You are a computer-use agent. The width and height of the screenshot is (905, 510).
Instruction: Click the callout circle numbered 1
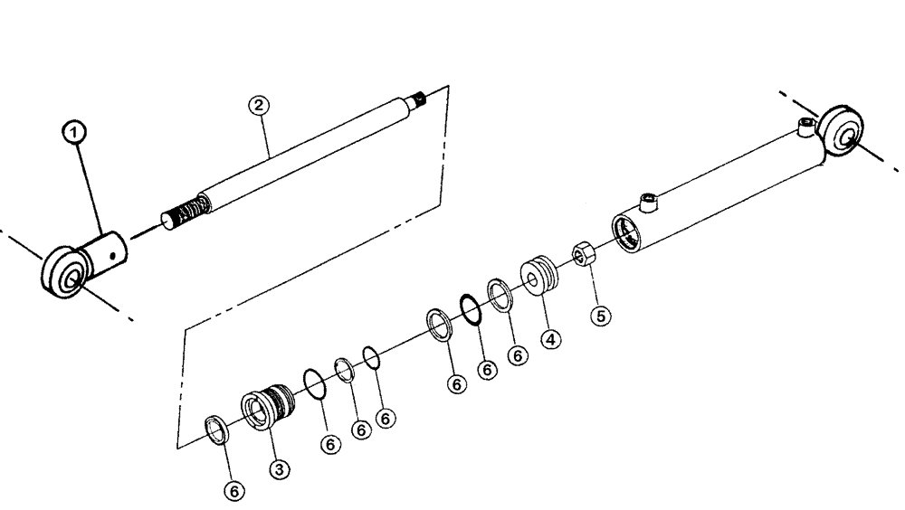point(77,133)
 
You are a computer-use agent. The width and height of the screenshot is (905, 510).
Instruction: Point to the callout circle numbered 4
point(551,341)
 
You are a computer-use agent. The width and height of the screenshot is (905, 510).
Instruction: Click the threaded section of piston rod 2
point(189,214)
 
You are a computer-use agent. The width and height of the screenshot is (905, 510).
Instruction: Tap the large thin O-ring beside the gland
point(313,383)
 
